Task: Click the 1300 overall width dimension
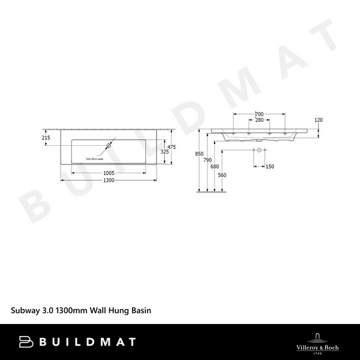click(108, 180)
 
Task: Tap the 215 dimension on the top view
click(46, 138)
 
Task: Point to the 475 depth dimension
click(171, 147)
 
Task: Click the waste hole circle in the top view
click(110, 145)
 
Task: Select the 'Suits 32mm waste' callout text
click(95, 158)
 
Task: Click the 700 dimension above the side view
click(259, 114)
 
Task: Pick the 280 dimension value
click(259, 120)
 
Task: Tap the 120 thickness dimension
click(319, 120)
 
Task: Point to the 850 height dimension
click(199, 154)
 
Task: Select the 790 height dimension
click(208, 160)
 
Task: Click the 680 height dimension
click(215, 167)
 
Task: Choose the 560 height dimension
click(222, 175)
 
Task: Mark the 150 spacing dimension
click(269, 167)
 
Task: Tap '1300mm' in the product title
click(70, 311)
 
